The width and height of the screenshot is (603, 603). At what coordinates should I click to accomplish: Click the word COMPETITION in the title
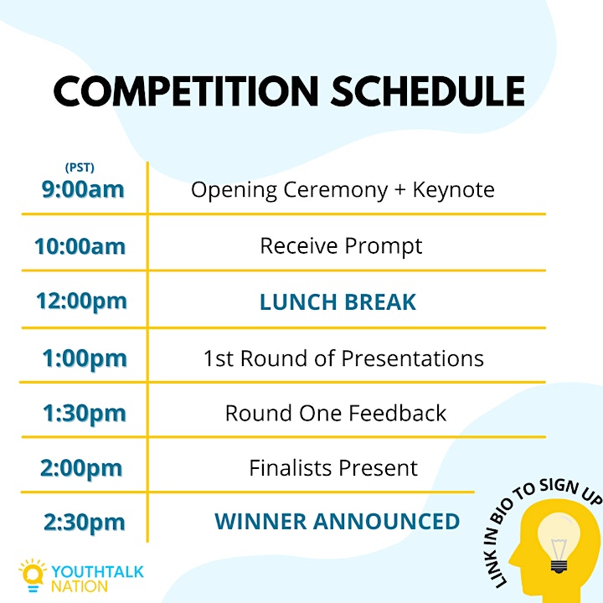(x=186, y=91)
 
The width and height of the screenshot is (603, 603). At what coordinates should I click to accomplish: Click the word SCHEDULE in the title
(x=428, y=91)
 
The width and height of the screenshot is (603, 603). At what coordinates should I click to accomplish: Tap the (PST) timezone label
(x=80, y=167)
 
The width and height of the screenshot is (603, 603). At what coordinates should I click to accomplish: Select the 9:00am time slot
(x=83, y=189)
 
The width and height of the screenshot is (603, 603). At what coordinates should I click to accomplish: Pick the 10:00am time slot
(x=80, y=246)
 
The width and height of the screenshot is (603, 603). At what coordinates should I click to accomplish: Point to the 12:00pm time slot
(x=81, y=301)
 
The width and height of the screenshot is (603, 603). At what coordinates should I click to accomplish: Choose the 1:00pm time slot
(x=85, y=358)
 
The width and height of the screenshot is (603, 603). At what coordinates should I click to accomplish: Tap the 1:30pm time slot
(x=85, y=414)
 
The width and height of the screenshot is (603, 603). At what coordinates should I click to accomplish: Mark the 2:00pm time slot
(x=81, y=468)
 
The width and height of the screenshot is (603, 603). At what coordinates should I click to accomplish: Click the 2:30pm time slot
(x=85, y=523)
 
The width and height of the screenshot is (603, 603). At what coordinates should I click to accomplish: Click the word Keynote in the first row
(x=454, y=189)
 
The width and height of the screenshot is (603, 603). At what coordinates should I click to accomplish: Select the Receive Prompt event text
(x=341, y=246)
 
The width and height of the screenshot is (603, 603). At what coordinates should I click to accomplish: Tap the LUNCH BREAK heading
(x=338, y=301)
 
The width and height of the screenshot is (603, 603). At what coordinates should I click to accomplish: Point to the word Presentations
(x=413, y=358)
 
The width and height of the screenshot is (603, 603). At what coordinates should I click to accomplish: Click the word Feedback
(x=398, y=414)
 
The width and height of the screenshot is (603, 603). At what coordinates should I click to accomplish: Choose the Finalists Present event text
(x=333, y=468)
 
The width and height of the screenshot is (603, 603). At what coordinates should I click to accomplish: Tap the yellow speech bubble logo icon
(x=33, y=575)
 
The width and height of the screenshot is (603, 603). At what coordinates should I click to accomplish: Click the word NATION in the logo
(x=80, y=586)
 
